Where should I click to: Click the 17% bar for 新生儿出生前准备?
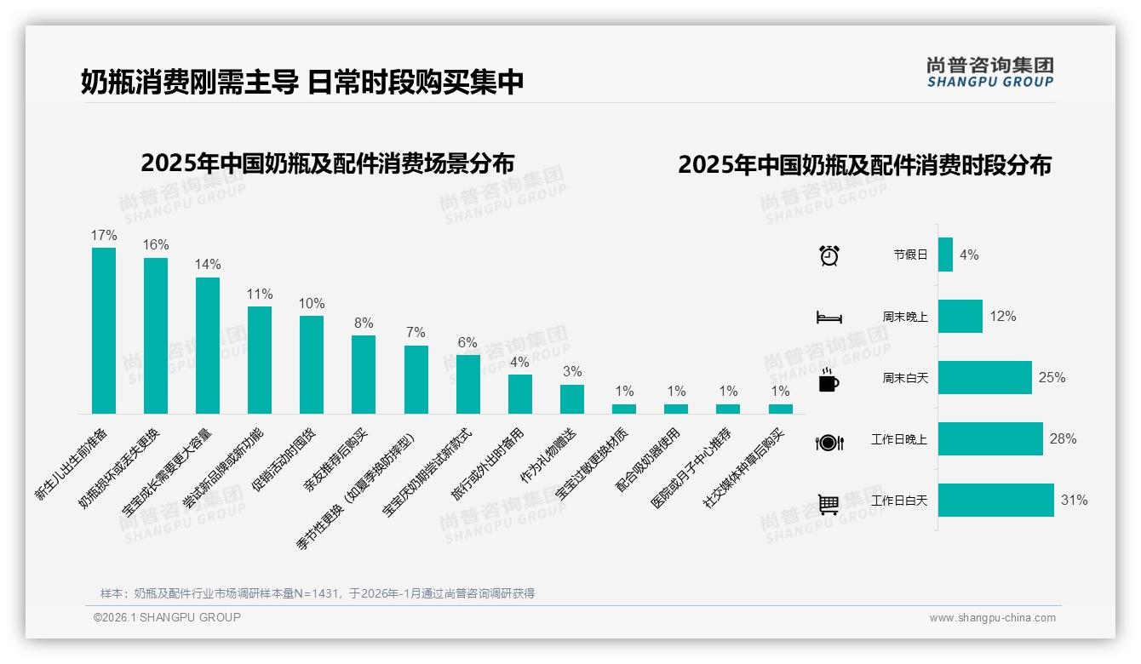[x=104, y=330]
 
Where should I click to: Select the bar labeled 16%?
[x=156, y=335]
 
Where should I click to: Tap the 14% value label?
[x=208, y=264]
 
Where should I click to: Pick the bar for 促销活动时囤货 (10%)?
[x=312, y=364]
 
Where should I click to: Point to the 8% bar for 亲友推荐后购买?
[x=364, y=375]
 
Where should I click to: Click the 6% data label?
[x=467, y=342]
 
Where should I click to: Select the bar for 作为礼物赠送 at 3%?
[x=572, y=399]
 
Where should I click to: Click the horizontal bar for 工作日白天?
[x=995, y=501]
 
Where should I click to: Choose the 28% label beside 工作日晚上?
[x=1063, y=439]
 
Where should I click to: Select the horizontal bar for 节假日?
[x=945, y=255]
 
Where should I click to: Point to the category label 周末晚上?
[x=905, y=317]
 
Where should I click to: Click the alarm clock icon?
[x=829, y=255]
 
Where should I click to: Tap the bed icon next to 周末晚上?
[x=829, y=318]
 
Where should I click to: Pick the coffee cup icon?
[x=829, y=381]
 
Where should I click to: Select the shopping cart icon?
[x=829, y=505]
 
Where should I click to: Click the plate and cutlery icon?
[x=829, y=443]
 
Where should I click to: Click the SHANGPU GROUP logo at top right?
[x=989, y=72]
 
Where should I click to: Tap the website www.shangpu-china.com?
[x=992, y=618]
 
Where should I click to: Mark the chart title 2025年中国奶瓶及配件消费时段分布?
[x=864, y=164]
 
